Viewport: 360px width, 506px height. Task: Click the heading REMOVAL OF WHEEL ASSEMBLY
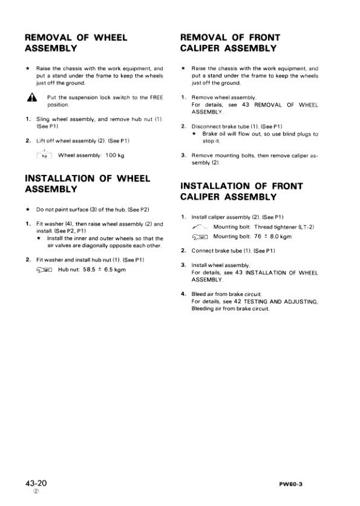(x=76, y=43)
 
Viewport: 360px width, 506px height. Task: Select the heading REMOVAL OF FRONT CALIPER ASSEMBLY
(x=230, y=43)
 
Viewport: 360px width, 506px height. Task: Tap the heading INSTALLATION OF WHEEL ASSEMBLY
(x=85, y=184)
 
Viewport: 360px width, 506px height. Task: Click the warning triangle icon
(x=30, y=98)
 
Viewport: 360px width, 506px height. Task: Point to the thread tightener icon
(x=200, y=226)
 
